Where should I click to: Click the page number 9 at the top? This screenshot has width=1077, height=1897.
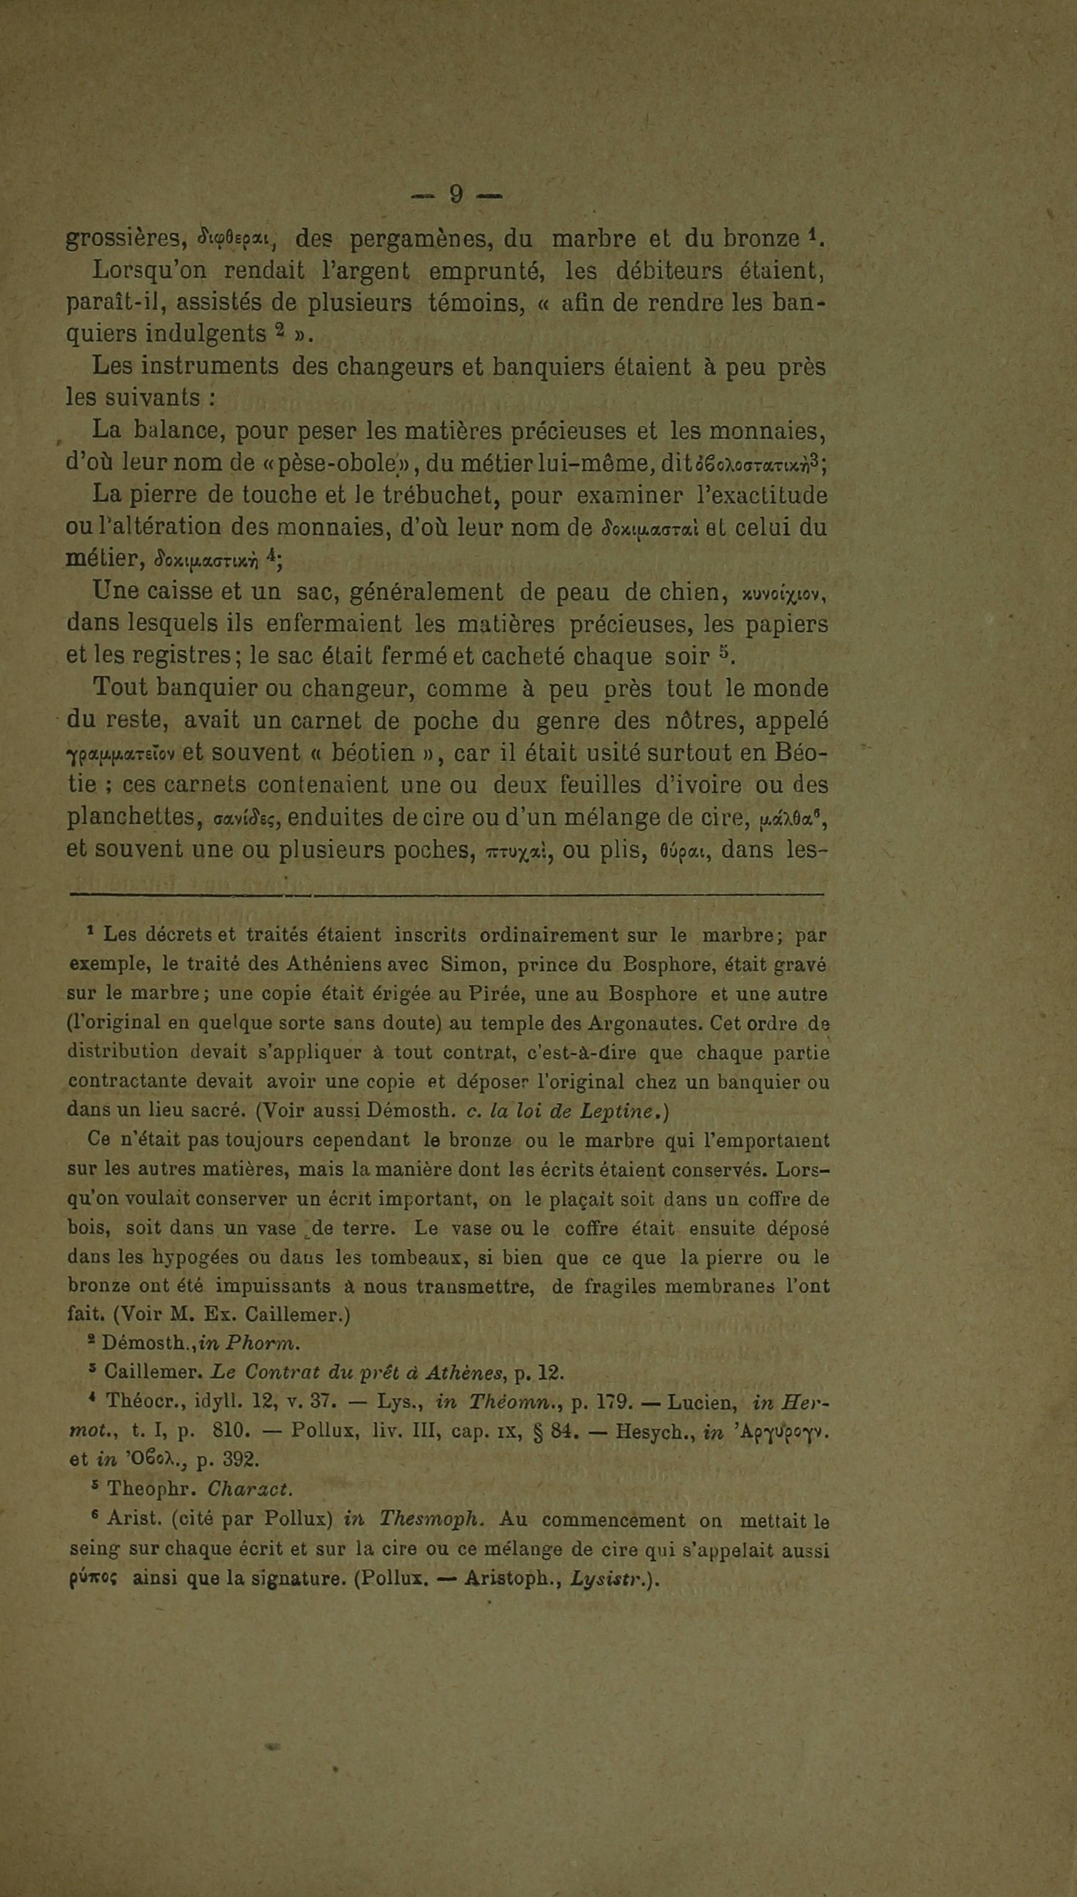click(x=456, y=195)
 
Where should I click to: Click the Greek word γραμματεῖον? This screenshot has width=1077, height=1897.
click(x=119, y=754)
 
